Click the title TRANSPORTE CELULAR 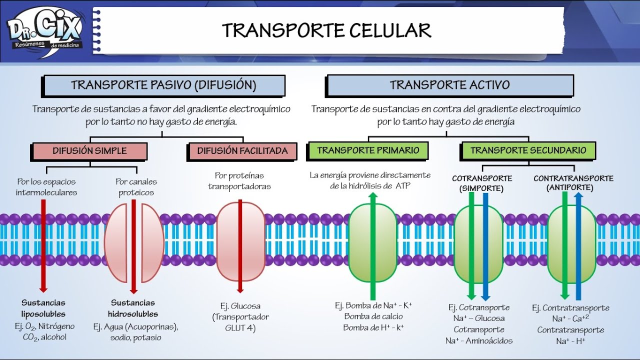326,30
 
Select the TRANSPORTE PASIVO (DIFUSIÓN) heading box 163,85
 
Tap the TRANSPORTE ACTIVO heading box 449,85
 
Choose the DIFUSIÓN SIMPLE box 89,150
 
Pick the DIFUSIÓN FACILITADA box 242,150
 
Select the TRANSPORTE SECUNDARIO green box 528,150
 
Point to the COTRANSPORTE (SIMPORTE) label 482,183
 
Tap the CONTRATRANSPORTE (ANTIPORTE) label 573,183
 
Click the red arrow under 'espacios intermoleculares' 43,245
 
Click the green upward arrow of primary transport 372,245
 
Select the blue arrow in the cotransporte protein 485,245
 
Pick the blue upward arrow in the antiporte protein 578,245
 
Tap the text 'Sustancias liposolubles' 43,308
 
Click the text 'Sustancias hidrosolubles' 133,308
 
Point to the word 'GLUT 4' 240,328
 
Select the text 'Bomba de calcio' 373,316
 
